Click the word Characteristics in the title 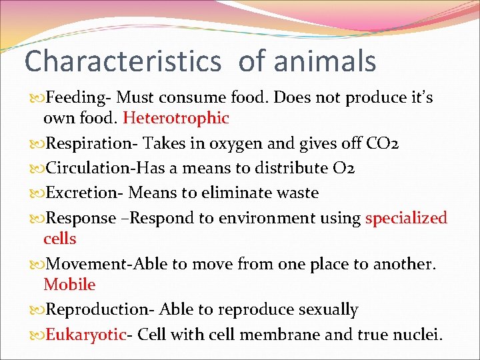(x=123, y=61)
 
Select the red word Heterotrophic (x=176, y=119)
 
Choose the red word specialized (x=406, y=218)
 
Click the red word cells (x=60, y=239)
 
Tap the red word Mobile (x=69, y=285)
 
